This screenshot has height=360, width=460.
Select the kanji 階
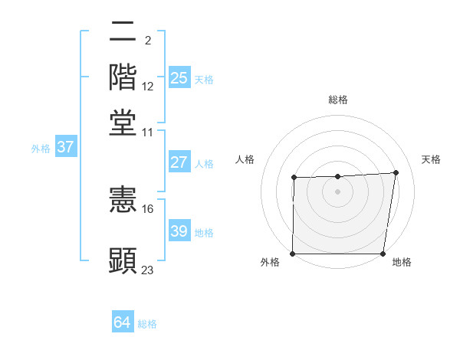(x=123, y=77)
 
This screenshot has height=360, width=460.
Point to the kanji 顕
(x=123, y=260)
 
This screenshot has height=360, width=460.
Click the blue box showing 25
(x=179, y=77)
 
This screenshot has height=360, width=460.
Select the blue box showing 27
(x=179, y=162)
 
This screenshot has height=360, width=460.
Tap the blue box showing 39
(x=179, y=231)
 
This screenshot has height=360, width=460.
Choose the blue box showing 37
(x=65, y=147)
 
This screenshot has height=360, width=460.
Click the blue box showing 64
(x=122, y=322)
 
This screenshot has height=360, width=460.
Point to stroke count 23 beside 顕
(x=148, y=270)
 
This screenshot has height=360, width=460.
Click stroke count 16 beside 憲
(x=148, y=208)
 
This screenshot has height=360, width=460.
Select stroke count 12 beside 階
(x=148, y=87)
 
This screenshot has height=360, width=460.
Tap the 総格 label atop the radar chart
(x=338, y=100)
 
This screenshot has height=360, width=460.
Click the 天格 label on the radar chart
(x=432, y=159)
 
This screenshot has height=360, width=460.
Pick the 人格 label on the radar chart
(x=245, y=159)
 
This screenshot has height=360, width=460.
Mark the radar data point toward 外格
(x=292, y=254)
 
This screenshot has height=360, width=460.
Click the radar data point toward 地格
(x=383, y=254)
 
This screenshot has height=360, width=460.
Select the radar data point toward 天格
(x=396, y=172)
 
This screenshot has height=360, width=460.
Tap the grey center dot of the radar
(x=337, y=191)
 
